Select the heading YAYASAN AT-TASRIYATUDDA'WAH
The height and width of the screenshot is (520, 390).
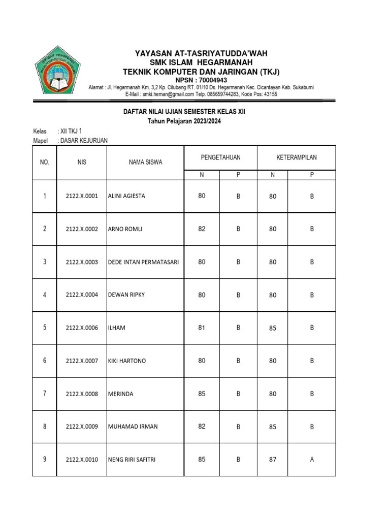pos(201,53)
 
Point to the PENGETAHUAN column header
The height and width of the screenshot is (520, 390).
pos(220,157)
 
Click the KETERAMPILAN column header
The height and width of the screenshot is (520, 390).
pos(296,157)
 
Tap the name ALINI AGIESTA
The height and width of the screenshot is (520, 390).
pos(126,196)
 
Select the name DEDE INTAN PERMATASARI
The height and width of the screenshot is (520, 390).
pos(143,262)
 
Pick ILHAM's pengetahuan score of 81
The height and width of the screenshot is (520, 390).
pos(202,328)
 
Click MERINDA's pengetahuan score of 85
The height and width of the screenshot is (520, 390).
pos(202,394)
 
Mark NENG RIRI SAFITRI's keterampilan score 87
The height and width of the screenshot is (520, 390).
pos(273,460)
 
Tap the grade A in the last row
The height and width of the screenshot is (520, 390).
pos(312,460)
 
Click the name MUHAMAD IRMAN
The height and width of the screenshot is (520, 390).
pos(133,427)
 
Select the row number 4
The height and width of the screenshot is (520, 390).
pos(45,295)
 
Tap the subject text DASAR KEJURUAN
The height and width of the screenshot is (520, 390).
pos(84,141)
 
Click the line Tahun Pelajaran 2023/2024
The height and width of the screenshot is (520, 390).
pos(184,121)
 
